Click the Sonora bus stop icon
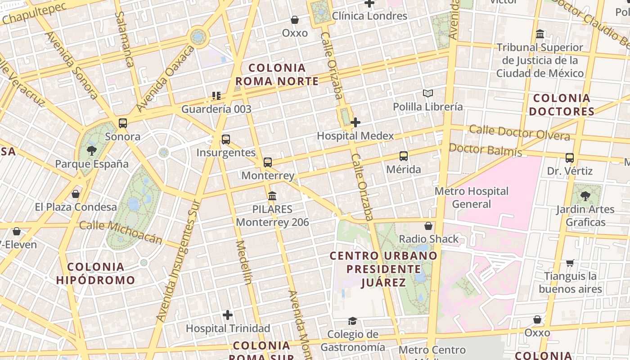[122, 123]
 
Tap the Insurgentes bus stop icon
[226, 139]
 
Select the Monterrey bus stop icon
[268, 162]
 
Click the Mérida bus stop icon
[404, 156]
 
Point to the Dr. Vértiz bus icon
[570, 158]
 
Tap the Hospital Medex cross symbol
[355, 122]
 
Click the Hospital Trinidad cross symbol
[228, 315]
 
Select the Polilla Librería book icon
[427, 94]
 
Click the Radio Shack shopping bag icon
[428, 225]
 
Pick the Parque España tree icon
[92, 150]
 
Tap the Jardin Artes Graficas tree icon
[585, 196]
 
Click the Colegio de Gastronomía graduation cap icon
[352, 321]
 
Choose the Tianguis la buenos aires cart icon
[570, 263]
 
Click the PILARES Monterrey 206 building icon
[272, 196]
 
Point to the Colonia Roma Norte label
[277, 75]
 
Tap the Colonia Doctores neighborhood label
[561, 104]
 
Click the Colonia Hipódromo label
[95, 273]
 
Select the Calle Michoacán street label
[121, 232]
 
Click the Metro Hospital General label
[471, 198]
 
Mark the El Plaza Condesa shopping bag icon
[76, 194]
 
